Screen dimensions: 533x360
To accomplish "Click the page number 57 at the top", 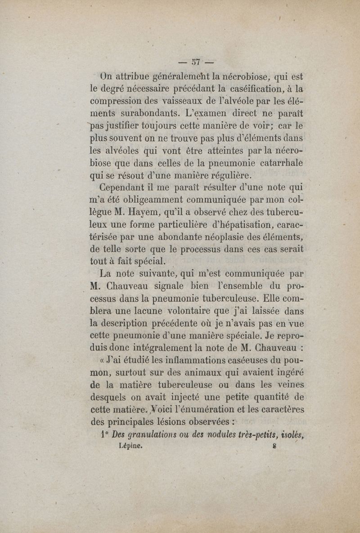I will point(196,61).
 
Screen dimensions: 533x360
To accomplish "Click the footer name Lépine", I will point(131,446).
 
